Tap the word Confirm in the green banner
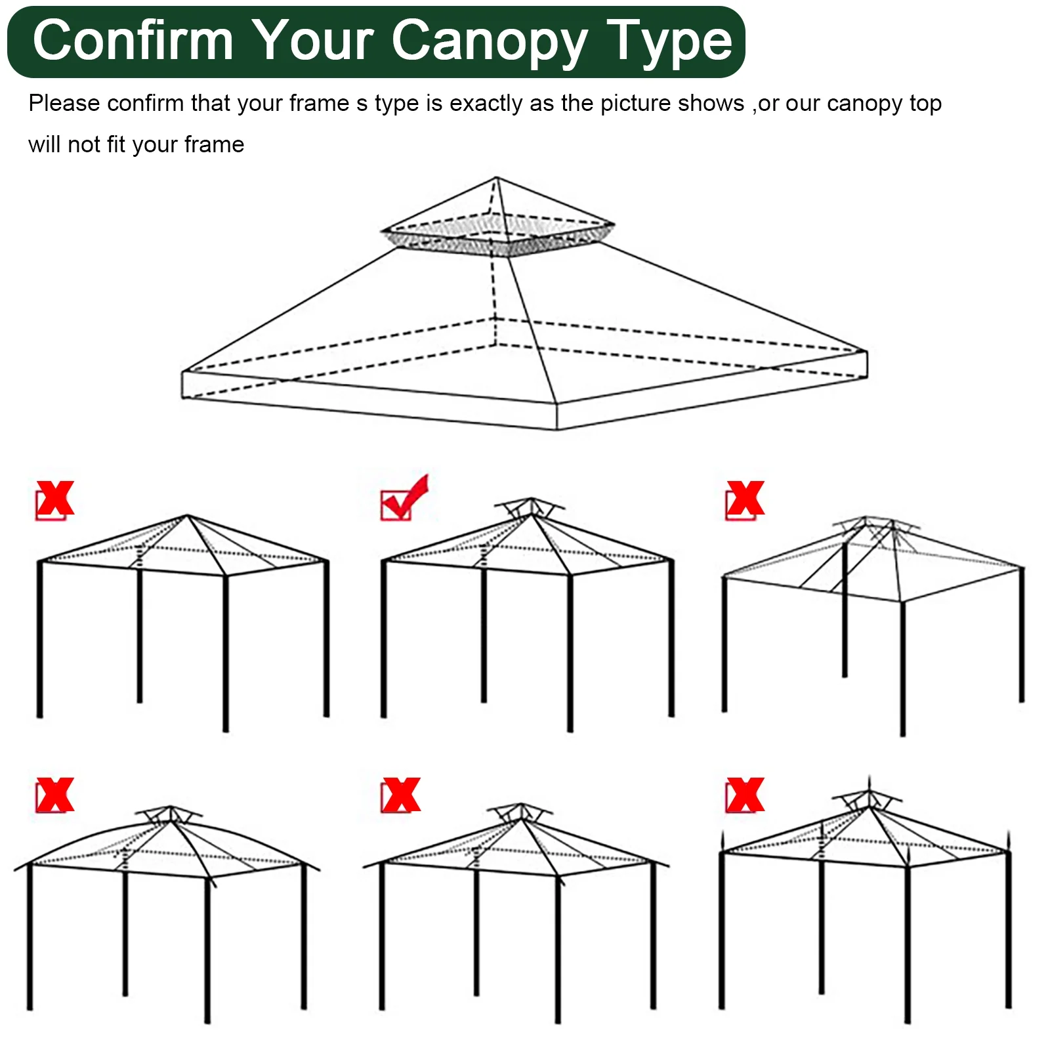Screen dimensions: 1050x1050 click(133, 41)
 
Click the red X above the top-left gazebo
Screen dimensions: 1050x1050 click(55, 500)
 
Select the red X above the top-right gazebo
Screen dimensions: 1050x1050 click(745, 500)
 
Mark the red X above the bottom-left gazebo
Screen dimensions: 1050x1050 click(55, 796)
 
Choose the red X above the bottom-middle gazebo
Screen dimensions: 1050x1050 click(400, 796)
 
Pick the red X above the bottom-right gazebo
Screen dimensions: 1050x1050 click(745, 796)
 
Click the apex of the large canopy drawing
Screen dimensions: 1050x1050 click(496, 178)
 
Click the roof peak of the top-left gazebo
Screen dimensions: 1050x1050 click(187, 516)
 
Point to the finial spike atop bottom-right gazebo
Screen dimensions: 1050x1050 click(870, 784)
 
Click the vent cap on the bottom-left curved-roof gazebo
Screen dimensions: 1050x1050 click(170, 814)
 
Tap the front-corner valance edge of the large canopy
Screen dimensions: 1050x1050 click(556, 417)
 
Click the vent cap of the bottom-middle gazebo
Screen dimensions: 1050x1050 click(520, 811)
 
